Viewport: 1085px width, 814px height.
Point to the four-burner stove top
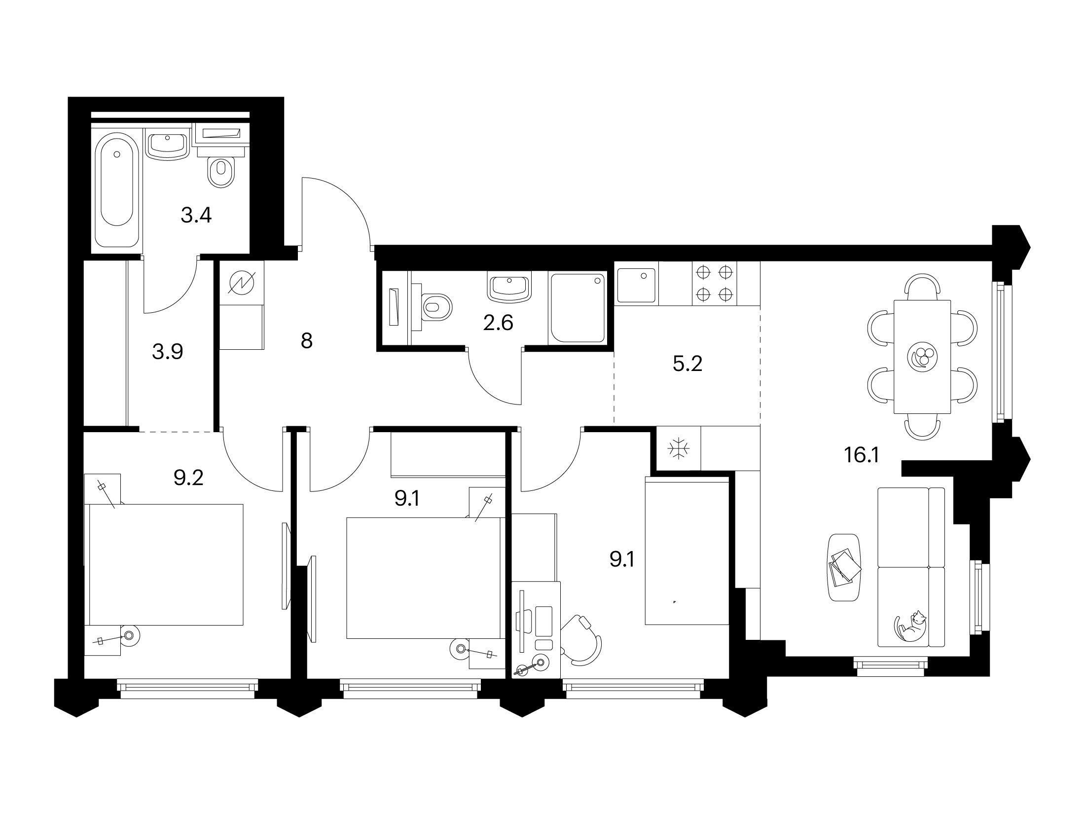[x=714, y=283]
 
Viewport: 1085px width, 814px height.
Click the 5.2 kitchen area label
[x=687, y=364]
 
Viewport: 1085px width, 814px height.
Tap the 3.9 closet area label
[x=168, y=352]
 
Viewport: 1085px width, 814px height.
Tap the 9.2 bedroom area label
[x=188, y=477]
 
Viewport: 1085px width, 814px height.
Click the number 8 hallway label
[x=306, y=340]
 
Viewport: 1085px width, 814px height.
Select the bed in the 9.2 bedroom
[x=166, y=564]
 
